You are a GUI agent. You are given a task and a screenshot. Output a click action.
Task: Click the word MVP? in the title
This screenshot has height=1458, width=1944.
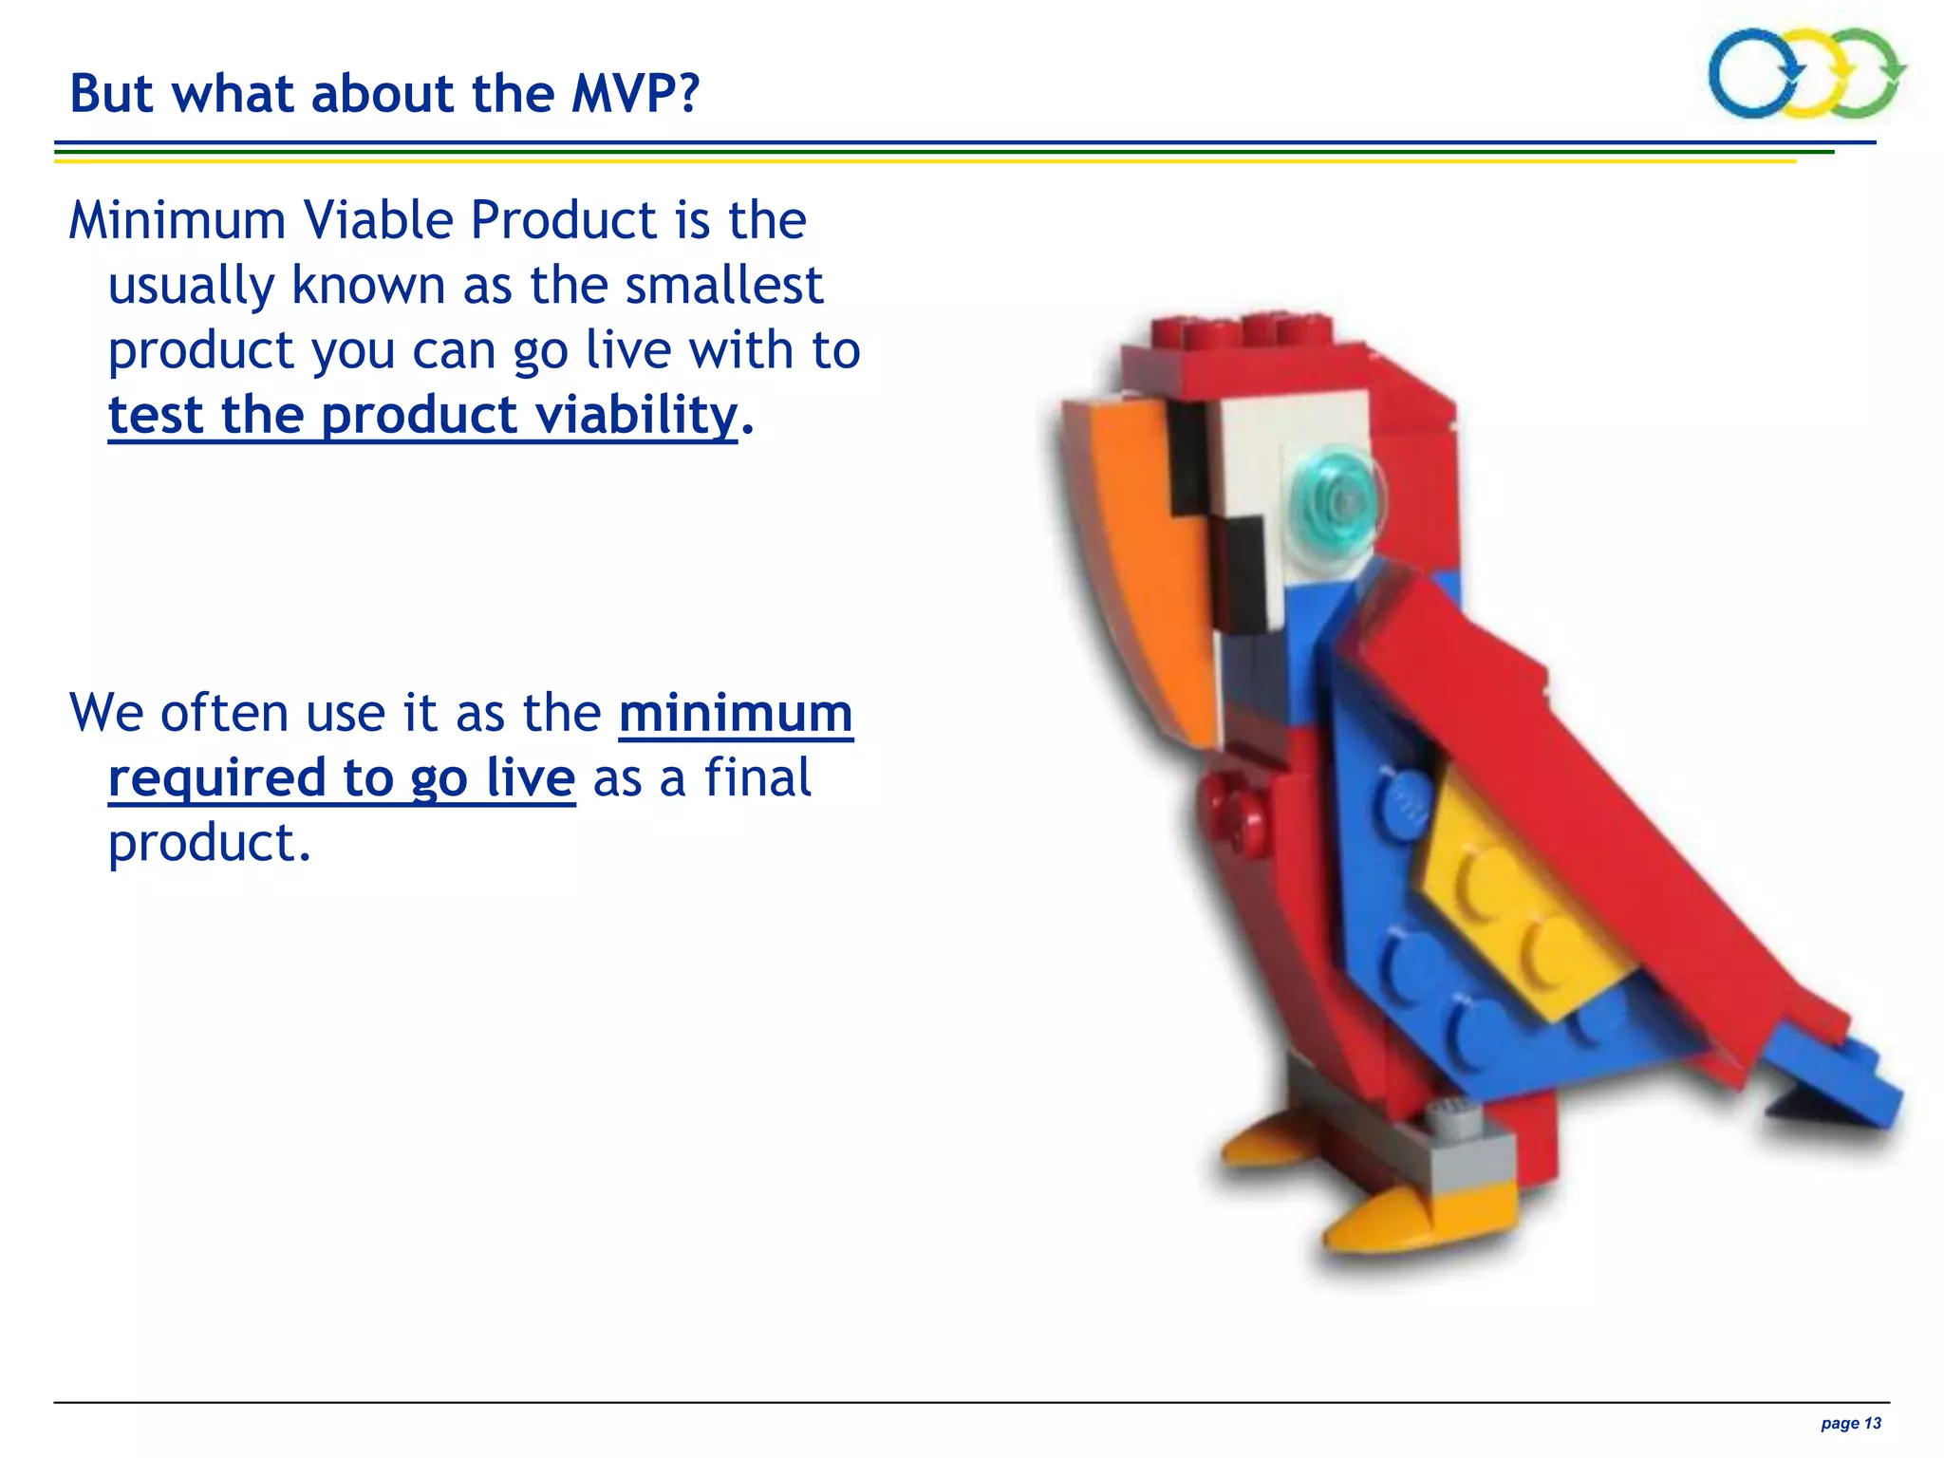point(635,94)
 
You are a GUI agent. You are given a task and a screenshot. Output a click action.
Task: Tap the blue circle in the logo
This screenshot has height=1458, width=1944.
point(1753,74)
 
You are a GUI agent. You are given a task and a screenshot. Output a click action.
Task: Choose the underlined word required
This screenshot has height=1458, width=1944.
point(217,778)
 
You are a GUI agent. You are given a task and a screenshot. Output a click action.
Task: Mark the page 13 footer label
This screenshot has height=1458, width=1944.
point(1850,1423)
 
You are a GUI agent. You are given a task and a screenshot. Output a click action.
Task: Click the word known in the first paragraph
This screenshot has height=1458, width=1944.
point(368,285)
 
